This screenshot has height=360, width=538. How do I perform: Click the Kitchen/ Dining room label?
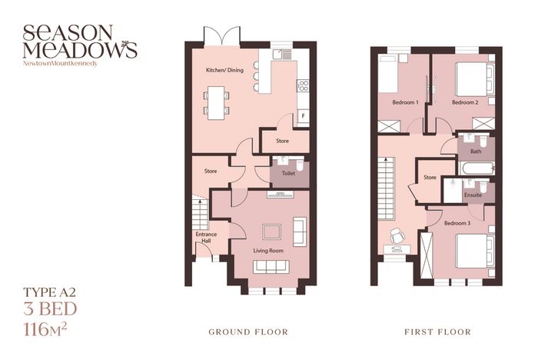click(224, 70)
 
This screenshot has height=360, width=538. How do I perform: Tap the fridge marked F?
click(303, 115)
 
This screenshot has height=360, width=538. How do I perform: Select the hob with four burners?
click(303, 85)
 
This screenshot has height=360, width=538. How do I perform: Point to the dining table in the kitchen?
click(216, 103)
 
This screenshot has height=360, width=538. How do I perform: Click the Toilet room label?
click(288, 174)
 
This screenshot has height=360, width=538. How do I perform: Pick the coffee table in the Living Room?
click(272, 232)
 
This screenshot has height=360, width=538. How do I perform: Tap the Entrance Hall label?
click(206, 238)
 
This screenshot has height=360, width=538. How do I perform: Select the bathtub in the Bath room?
click(477, 168)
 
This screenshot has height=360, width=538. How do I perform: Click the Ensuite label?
click(473, 195)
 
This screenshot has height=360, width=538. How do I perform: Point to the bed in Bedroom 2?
click(475, 79)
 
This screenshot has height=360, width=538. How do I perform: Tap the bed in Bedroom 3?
click(475, 251)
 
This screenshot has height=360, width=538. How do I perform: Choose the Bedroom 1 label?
click(405, 102)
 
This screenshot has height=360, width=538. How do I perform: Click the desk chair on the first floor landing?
click(397, 235)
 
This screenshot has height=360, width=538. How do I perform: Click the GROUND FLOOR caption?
click(248, 332)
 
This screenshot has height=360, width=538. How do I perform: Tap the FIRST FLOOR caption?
click(438, 332)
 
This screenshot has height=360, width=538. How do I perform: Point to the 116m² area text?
click(45, 330)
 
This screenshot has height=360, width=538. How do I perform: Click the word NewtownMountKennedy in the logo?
click(61, 64)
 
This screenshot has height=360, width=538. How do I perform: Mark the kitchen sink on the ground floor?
click(282, 55)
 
